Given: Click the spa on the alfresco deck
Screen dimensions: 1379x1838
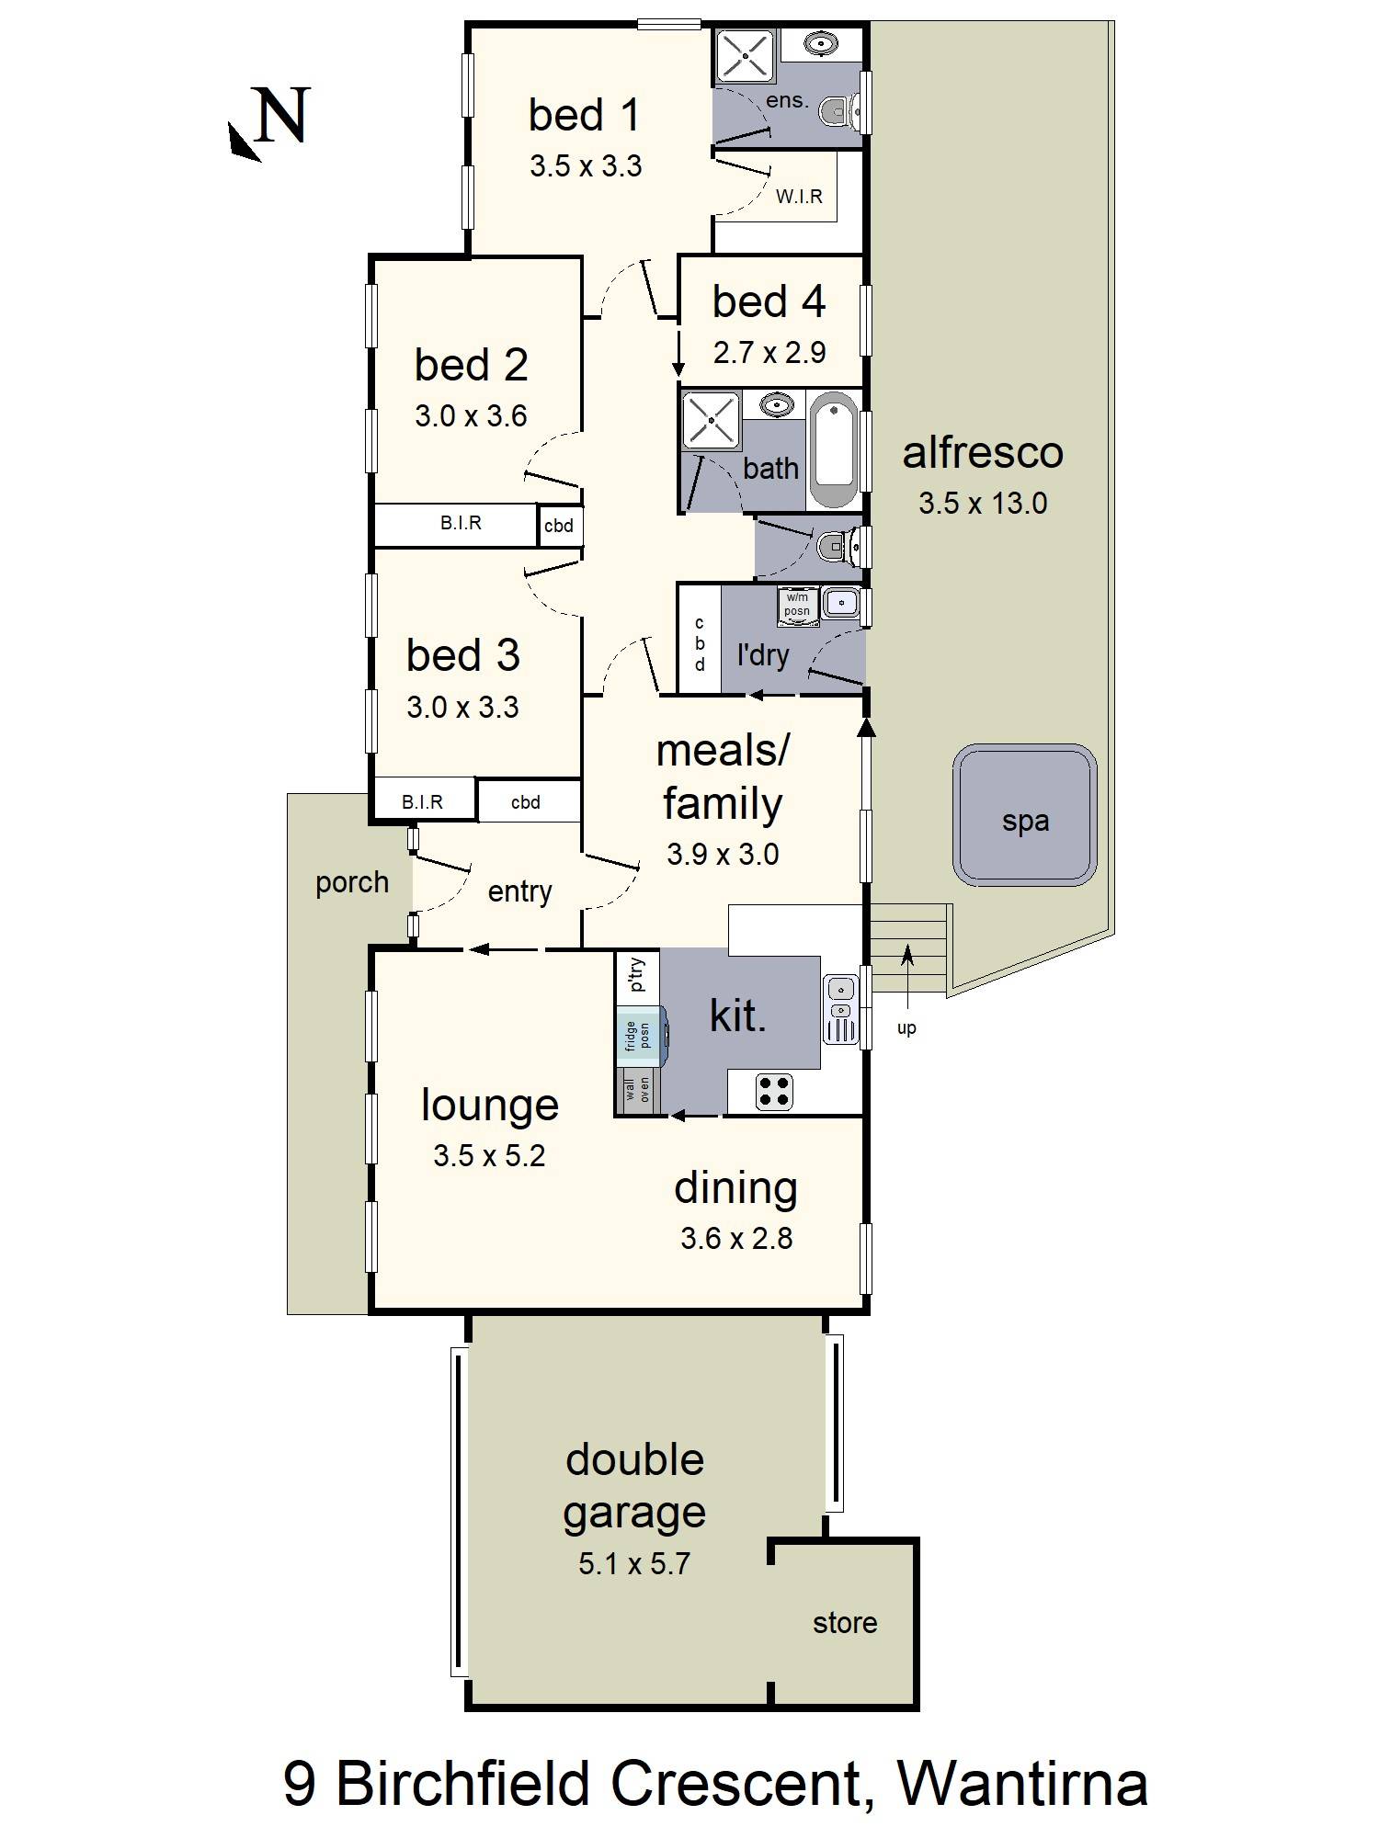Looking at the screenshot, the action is (x=1025, y=816).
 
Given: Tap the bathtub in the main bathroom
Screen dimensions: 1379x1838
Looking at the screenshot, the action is (x=835, y=449).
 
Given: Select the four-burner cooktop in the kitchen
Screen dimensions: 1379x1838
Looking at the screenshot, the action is (x=774, y=1091).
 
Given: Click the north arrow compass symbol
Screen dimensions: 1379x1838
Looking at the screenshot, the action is (x=270, y=123).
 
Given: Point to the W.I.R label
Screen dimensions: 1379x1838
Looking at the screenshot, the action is (x=799, y=196).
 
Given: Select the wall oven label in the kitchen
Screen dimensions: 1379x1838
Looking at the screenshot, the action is (x=637, y=1091).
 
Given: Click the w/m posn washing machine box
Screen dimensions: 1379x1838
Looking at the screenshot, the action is (x=797, y=605).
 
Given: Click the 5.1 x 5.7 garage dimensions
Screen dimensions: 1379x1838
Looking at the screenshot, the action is (x=634, y=1563).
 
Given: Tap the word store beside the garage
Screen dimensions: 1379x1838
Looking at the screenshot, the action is (x=845, y=1623).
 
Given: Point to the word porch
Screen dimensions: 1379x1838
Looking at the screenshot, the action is (x=352, y=883).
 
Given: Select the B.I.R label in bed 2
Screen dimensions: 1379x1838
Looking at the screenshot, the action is (x=461, y=523).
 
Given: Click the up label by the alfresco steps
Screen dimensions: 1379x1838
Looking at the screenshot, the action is (x=906, y=1028).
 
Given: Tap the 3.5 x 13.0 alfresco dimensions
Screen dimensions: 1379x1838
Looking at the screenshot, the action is (x=983, y=504).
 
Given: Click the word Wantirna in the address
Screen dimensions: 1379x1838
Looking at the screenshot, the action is (x=1022, y=1784).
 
